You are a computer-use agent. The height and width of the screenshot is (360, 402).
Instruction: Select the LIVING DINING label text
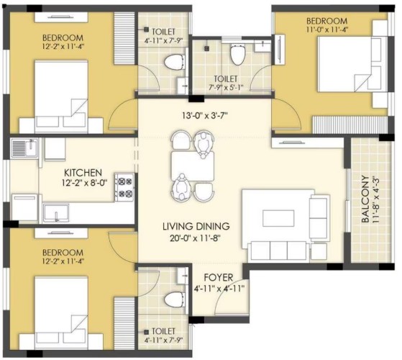click(196, 226)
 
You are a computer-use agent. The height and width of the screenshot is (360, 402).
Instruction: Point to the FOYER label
click(219, 277)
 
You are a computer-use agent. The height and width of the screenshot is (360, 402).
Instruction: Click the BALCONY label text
click(365, 199)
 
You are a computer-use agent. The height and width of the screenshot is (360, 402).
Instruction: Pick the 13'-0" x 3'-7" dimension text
click(205, 116)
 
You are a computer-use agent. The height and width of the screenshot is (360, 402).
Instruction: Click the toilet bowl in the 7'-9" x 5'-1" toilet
click(237, 55)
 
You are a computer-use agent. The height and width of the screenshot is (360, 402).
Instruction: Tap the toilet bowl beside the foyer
click(174, 300)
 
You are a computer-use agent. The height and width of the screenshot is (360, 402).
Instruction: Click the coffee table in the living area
click(278, 218)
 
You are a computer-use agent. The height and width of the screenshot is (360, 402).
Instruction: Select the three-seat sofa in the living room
click(279, 251)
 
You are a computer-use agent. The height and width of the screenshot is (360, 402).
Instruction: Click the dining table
click(193, 166)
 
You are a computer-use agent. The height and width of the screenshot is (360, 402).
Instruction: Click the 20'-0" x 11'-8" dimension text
click(195, 238)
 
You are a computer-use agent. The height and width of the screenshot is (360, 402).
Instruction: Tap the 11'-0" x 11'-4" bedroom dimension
click(327, 30)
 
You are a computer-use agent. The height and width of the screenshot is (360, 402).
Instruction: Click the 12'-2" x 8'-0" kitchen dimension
click(84, 183)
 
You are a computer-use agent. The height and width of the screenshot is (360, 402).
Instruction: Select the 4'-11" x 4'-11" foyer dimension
click(219, 289)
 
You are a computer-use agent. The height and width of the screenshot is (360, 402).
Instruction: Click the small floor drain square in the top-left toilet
click(146, 30)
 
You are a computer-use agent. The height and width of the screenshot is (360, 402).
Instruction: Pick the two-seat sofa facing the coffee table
click(320, 218)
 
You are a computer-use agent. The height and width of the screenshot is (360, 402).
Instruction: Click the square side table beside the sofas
click(319, 251)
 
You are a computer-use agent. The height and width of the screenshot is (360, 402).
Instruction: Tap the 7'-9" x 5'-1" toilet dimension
click(226, 88)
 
